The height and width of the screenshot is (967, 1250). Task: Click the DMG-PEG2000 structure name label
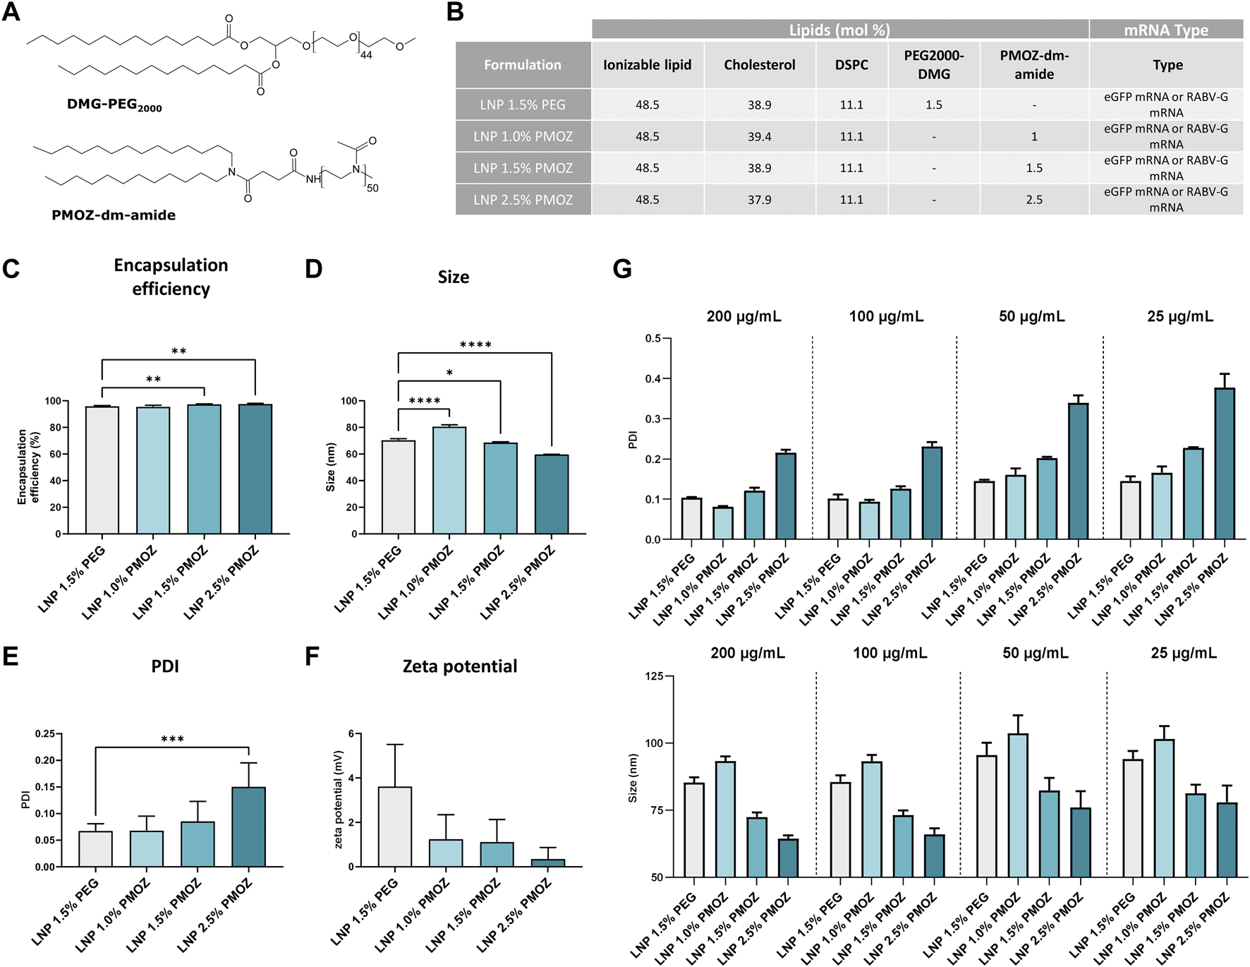[114, 105]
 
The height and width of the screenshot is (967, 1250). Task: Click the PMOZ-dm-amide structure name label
[114, 215]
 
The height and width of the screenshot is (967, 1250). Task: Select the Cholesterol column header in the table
[759, 65]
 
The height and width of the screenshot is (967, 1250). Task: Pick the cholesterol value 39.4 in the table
[759, 136]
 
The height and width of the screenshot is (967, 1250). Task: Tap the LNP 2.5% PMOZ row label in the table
[523, 200]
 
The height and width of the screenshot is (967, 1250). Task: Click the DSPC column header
[851, 65]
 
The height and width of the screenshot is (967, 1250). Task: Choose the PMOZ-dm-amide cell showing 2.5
[1033, 200]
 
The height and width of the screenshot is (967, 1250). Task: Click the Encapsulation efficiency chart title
[171, 277]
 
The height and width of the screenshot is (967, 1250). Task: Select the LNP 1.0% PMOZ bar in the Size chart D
[449, 480]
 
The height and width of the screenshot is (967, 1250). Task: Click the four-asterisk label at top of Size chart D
[475, 345]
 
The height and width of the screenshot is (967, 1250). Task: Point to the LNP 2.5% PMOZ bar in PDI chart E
[248, 827]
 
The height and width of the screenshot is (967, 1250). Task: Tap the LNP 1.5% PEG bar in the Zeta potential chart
[395, 827]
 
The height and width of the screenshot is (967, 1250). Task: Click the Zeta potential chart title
[460, 666]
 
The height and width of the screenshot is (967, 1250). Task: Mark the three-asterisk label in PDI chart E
[172, 740]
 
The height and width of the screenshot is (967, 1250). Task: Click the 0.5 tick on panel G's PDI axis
[653, 339]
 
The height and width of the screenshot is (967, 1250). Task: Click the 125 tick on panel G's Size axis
[654, 676]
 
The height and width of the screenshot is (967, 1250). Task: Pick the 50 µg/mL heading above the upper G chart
[1031, 316]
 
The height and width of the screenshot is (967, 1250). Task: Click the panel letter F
[312, 656]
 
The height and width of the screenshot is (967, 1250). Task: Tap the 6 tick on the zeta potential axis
[351, 734]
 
